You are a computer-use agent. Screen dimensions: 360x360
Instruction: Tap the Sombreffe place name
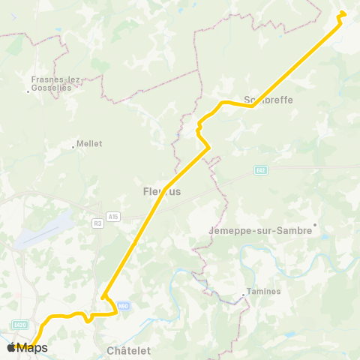coord(268,100)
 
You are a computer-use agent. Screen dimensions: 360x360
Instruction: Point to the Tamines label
coord(264,292)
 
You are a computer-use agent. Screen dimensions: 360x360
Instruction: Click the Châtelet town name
coord(129,350)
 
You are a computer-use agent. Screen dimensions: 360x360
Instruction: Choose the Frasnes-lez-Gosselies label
coord(56,82)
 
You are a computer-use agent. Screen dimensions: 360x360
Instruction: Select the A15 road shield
coord(113,217)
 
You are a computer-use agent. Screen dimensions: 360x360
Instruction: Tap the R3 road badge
coord(97,223)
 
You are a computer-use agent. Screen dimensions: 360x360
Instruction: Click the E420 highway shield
coord(20,324)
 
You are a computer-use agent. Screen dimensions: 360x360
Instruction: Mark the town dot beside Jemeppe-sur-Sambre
coord(316,223)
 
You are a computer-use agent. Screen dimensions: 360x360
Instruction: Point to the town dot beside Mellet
coord(73,147)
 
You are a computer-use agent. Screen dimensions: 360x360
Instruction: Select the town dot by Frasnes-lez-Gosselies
coord(28,91)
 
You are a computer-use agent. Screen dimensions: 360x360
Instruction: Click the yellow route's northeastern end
coord(343,13)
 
